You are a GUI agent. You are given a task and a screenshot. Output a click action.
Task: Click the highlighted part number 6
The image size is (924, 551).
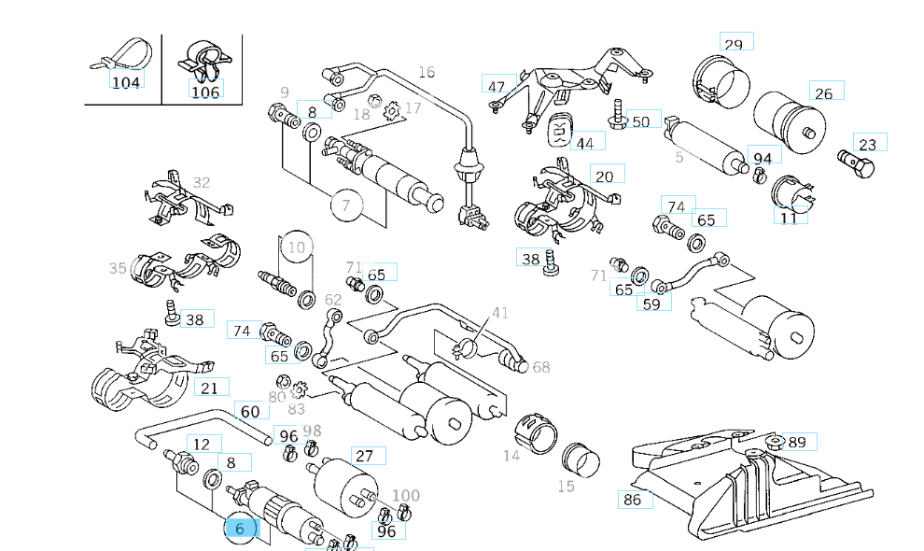pos(240,529)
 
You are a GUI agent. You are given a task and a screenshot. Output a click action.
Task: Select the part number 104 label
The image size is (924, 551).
pos(126,82)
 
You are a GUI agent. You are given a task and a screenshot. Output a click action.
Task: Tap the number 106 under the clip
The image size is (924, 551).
pos(205,91)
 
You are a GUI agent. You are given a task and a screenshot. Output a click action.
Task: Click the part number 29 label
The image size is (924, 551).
pos(735,43)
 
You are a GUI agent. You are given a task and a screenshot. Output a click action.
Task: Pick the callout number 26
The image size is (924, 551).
pos(824,92)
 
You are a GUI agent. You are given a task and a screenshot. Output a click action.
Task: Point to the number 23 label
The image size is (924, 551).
pos(869,144)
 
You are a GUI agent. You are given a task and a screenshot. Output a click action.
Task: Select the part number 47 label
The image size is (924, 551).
pos(497,87)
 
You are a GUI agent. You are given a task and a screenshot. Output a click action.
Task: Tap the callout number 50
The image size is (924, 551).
pos(641,120)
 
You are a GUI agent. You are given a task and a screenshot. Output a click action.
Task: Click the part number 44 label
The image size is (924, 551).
pos(585,143)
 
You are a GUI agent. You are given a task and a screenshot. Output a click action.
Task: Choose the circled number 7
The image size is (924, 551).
pos(345,205)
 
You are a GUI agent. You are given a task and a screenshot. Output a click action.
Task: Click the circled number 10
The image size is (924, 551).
pos(297,247)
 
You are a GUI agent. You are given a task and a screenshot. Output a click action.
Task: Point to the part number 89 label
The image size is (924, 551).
pos(797,442)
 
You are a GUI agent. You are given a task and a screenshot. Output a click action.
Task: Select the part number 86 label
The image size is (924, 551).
pos(633,500)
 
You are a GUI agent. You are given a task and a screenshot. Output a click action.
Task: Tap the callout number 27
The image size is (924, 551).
pos(365,456)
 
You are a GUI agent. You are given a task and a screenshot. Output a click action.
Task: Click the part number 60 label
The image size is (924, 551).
pos(250,412)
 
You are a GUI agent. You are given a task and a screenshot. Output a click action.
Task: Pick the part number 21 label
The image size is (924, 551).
pos(210,389)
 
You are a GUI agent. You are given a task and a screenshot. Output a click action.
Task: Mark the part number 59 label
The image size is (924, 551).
pos(651,303)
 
